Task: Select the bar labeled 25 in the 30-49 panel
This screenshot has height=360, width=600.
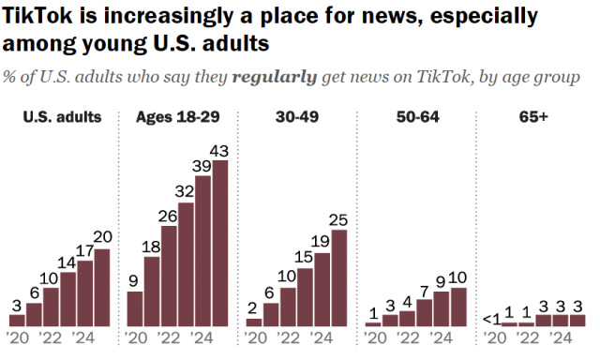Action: tap(339, 278)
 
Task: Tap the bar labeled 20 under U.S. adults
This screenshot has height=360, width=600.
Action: tap(102, 288)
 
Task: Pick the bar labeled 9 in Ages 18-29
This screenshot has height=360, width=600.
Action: tap(135, 308)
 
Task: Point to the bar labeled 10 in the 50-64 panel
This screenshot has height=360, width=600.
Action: tap(458, 307)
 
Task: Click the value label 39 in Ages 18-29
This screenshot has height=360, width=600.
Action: tap(202, 166)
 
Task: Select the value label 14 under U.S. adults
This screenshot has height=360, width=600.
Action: tap(67, 262)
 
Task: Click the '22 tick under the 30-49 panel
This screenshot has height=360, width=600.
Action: tap(287, 337)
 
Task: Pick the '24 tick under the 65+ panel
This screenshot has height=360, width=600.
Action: tap(559, 337)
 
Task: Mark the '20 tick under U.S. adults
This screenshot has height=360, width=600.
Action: tap(19, 337)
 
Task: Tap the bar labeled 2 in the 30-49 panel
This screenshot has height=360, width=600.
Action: tap(254, 322)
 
